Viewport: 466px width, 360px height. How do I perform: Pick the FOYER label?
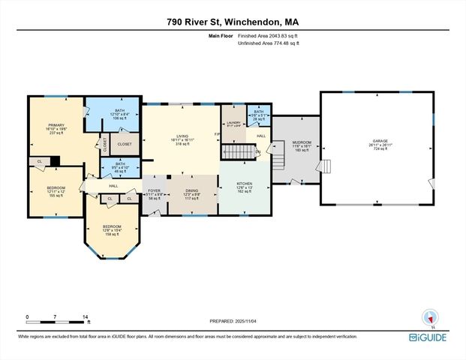(154, 190)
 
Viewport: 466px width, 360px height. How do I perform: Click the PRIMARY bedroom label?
(56, 125)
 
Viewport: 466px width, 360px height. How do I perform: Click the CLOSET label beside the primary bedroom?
(125, 143)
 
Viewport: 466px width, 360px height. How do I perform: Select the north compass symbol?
(430, 318)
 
